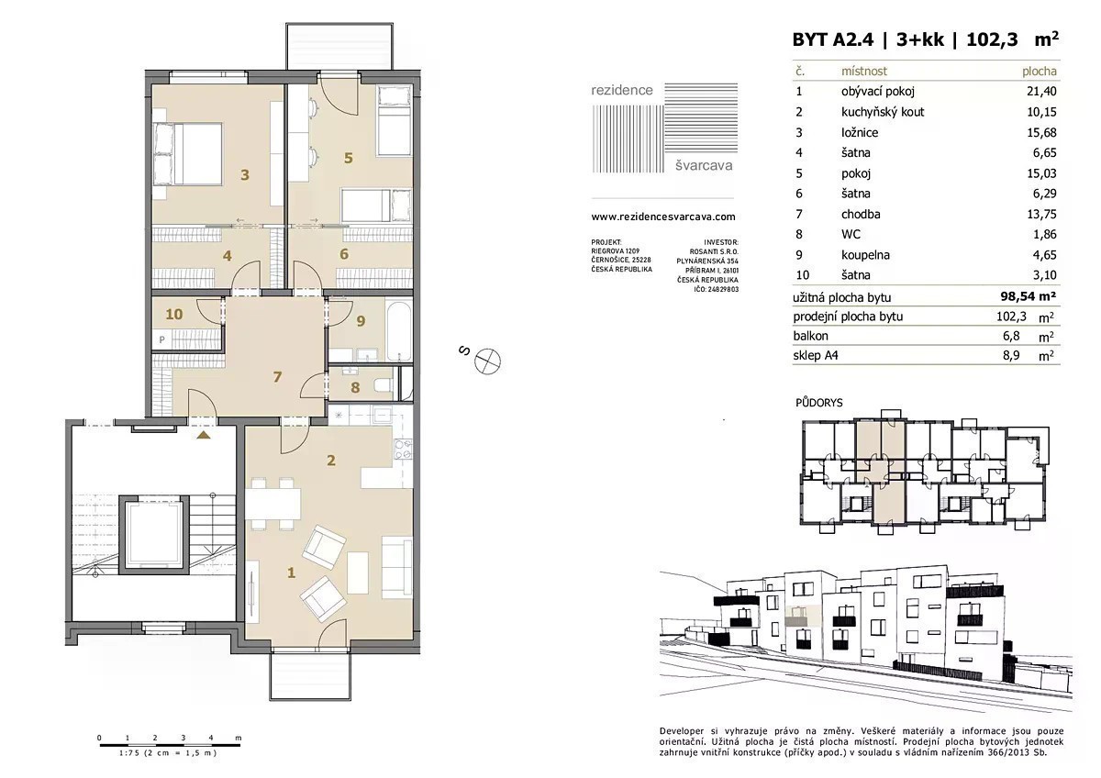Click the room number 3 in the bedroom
245,174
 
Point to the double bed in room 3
188,154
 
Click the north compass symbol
487,361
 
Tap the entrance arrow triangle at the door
204,435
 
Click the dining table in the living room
272,504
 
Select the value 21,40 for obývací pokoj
1041,91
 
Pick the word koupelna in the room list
865,254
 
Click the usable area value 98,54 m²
1029,295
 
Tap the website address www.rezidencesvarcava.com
663,217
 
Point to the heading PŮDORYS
818,403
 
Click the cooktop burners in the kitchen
404,450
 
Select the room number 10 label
174,314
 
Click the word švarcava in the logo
704,166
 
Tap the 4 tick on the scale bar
211,738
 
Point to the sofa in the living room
396,567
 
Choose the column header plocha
1039,72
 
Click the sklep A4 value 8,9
1011,355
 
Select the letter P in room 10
161,339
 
